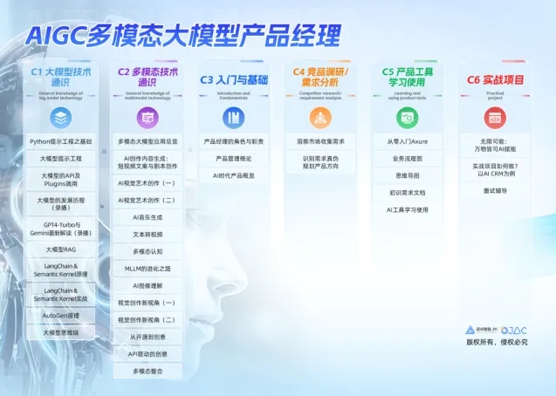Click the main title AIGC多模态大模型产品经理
coord(182,35)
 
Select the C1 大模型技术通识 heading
coord(60,76)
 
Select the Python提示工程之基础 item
coord(60,140)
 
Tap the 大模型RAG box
coord(60,249)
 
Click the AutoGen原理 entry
coord(60,315)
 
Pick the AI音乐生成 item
coord(147,216)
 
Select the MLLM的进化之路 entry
coord(147,268)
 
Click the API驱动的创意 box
coord(147,353)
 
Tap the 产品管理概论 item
coord(234,158)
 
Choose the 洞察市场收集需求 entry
coord(321,140)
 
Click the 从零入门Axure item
coord(408,140)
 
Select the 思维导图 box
coord(408,174)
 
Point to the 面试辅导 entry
coord(495,191)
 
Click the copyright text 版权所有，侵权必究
coord(496,342)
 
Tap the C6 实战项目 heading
coord(495,79)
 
